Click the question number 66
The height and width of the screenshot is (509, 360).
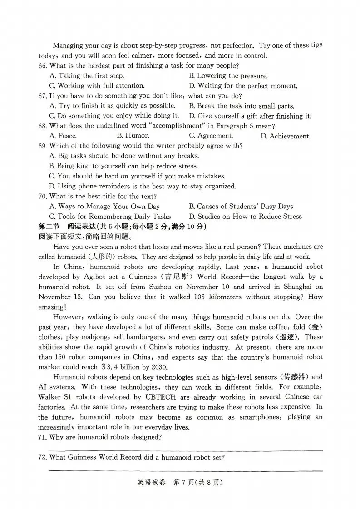pyautogui.click(x=43, y=66)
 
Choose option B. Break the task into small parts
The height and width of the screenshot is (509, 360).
pyautogui.click(x=242, y=106)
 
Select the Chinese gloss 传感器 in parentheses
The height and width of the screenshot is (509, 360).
pyautogui.click(x=294, y=377)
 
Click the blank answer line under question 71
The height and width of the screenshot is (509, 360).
pyautogui.click(x=185, y=450)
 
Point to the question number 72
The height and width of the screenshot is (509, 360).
pyautogui.click(x=43, y=458)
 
